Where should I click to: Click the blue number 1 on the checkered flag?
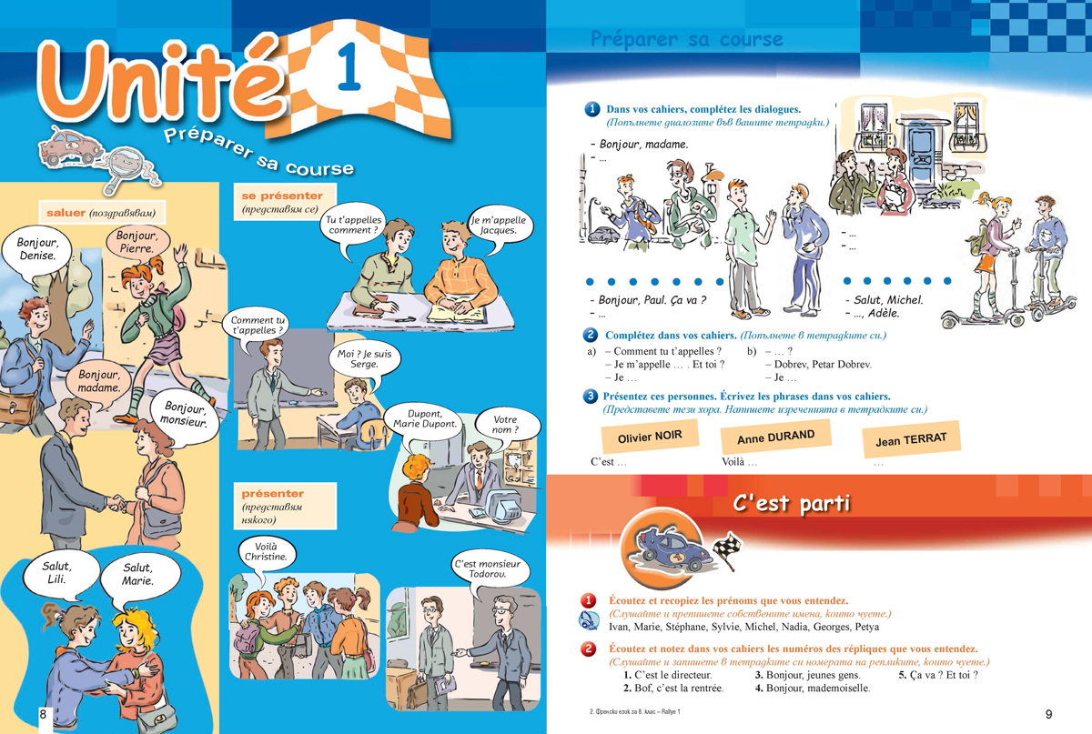[x=349, y=66]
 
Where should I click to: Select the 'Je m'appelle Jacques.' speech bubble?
[x=499, y=227]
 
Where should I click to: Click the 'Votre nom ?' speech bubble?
[x=507, y=425]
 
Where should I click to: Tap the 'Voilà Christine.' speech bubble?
[x=267, y=553]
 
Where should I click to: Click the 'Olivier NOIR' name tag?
[x=650, y=437]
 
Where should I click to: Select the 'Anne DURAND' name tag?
[x=775, y=437]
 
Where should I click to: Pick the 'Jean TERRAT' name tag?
[x=911, y=439]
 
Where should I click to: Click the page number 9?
[x=1048, y=715]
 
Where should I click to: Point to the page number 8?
[x=43, y=715]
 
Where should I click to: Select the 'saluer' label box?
[x=102, y=213]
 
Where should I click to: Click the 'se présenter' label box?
[x=285, y=202]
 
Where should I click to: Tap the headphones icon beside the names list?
[x=589, y=620]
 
